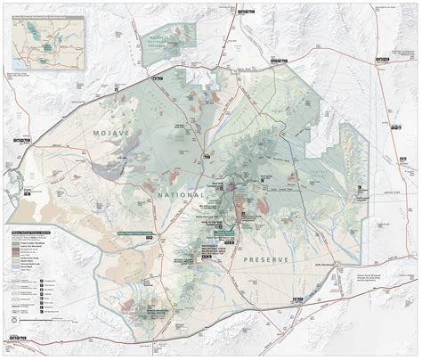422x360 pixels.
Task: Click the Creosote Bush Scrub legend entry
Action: coord(27,253)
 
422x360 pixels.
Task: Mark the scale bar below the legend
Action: coord(31,303)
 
